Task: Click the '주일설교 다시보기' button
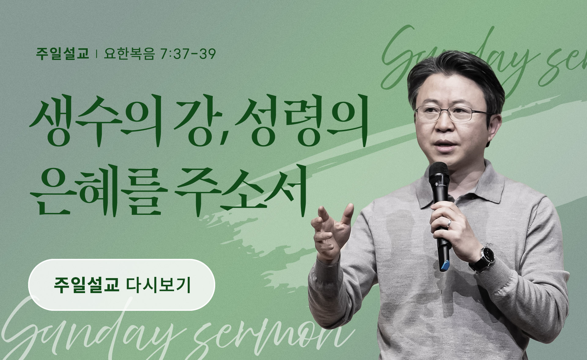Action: (x=121, y=285)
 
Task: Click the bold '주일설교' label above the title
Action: (x=62, y=54)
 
